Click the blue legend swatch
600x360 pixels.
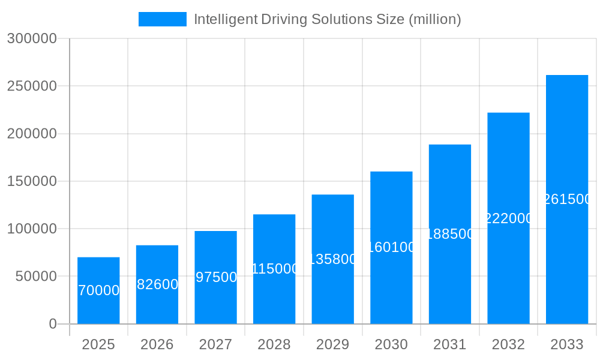coord(163,19)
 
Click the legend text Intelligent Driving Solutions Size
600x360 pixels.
coord(328,19)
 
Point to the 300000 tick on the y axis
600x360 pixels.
coord(32,39)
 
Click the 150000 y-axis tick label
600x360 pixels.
coord(32,181)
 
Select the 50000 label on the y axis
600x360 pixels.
coord(35,277)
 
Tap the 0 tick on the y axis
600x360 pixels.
coord(53,324)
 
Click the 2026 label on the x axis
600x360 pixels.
coord(157,344)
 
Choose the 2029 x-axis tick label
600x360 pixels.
coord(332,344)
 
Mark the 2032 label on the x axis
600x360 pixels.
coord(508,344)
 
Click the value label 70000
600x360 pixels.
coord(98,290)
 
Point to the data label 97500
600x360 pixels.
coord(216,277)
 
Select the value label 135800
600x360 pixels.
coord(333,259)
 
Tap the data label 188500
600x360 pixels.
coord(450,234)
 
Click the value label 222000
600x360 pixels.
coord(508,218)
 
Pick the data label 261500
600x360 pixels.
coord(567,199)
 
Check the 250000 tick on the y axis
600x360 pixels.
coord(32,86)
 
